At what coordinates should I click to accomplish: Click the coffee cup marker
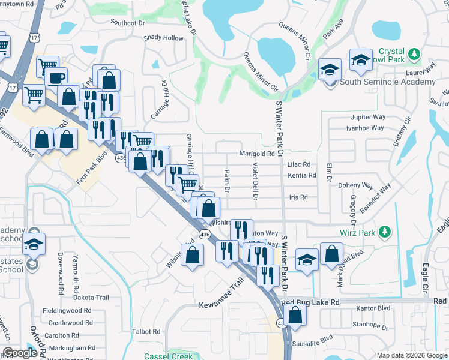pos(57,79)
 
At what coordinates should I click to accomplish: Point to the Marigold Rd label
pos(257,154)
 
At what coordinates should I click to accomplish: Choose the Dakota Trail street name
pos(91,298)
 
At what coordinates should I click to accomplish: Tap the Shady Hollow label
pos(163,38)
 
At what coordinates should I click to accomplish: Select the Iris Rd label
pos(298,197)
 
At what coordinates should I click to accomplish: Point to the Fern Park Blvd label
pos(94,167)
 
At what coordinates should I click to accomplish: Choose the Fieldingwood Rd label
pos(67,311)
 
